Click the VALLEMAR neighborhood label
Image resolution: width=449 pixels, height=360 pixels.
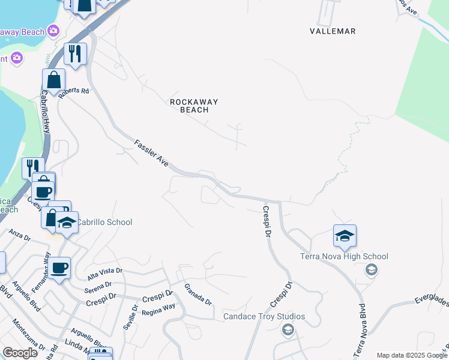(333, 31)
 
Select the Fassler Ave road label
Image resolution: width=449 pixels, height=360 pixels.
(152, 154)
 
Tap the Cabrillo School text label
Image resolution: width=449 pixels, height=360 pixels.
(105, 222)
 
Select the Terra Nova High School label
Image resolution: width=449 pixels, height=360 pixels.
(344, 256)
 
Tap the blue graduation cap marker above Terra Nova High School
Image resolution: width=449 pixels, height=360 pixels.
(345, 236)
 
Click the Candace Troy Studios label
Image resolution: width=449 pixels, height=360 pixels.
(264, 316)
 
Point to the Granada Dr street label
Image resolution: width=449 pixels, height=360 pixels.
(198, 294)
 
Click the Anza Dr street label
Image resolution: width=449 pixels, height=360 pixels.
(19, 234)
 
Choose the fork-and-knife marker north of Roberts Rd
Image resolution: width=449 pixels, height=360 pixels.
(75, 54)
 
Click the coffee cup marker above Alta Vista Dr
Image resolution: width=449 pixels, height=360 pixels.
(59, 268)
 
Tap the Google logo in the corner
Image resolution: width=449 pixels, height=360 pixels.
(20, 353)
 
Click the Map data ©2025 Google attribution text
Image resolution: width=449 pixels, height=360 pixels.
(412, 355)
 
